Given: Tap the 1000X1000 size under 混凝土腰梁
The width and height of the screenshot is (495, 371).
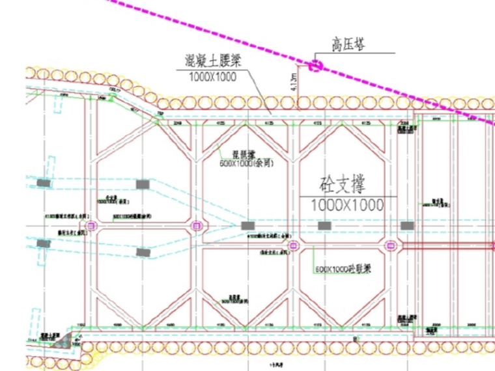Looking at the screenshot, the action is pos(212,77).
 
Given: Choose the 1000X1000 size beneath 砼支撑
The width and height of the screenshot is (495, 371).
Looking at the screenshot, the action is pos(346,205).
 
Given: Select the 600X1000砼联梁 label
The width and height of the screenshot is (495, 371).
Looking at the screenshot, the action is pos(343,268).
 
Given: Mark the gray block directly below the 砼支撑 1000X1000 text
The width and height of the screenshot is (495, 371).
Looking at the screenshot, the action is pos(324,225).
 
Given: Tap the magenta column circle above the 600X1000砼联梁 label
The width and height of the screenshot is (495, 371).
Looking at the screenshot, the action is pos(293,245).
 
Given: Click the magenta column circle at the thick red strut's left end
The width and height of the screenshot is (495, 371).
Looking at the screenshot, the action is pos(391,245).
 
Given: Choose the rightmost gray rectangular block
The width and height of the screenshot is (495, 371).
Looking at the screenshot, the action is pos(407,225).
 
